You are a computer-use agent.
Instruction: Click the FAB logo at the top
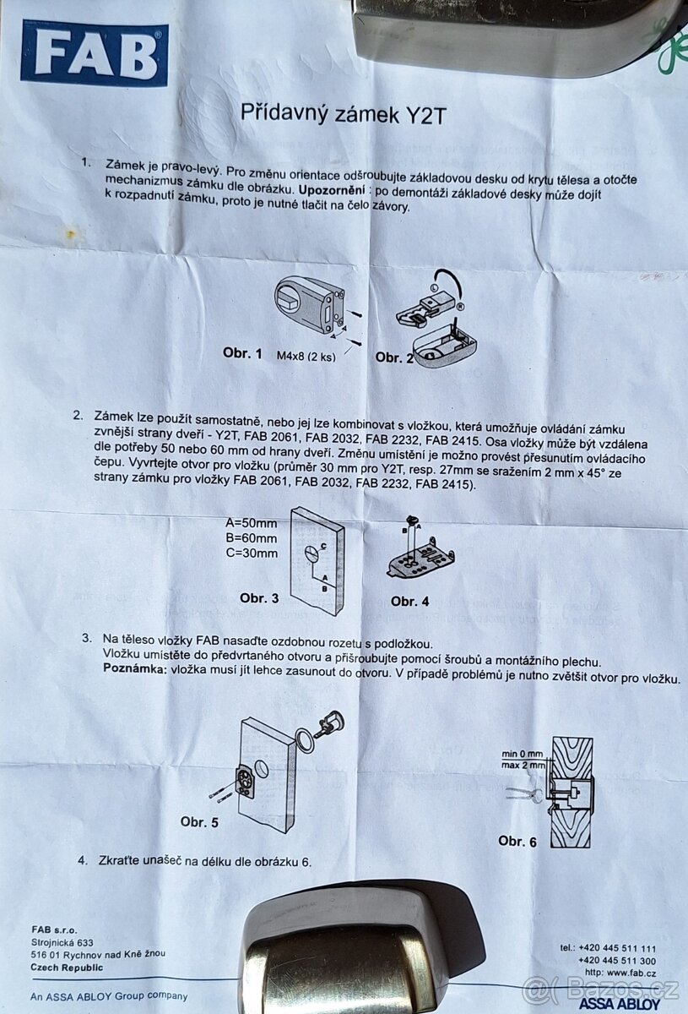point(94,52)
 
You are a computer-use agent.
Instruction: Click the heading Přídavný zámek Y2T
point(343,112)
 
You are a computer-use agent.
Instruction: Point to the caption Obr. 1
point(242,352)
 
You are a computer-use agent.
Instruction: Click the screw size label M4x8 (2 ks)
point(306,356)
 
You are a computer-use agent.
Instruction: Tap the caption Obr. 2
point(394,357)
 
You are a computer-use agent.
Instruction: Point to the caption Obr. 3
point(258,598)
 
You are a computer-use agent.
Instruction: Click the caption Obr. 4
point(409,601)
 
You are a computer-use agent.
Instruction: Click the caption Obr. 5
point(199,820)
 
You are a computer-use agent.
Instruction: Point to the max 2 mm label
point(523,765)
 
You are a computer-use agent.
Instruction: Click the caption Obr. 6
point(517,841)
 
